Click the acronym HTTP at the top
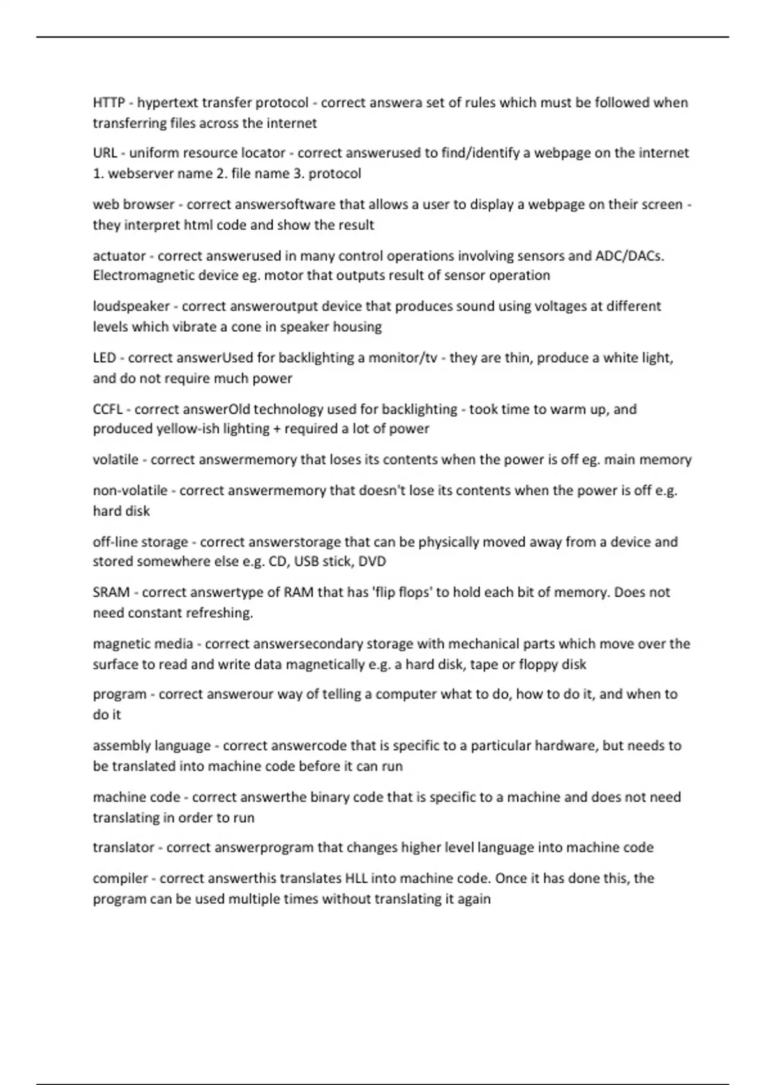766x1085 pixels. (x=109, y=103)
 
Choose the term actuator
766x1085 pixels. (x=119, y=256)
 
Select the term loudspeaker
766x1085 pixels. (x=131, y=306)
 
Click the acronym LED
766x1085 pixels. (x=104, y=358)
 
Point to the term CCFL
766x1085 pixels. (x=107, y=409)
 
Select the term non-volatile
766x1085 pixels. (x=130, y=491)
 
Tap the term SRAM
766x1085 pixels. (x=111, y=592)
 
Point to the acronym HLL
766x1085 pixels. (x=356, y=878)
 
